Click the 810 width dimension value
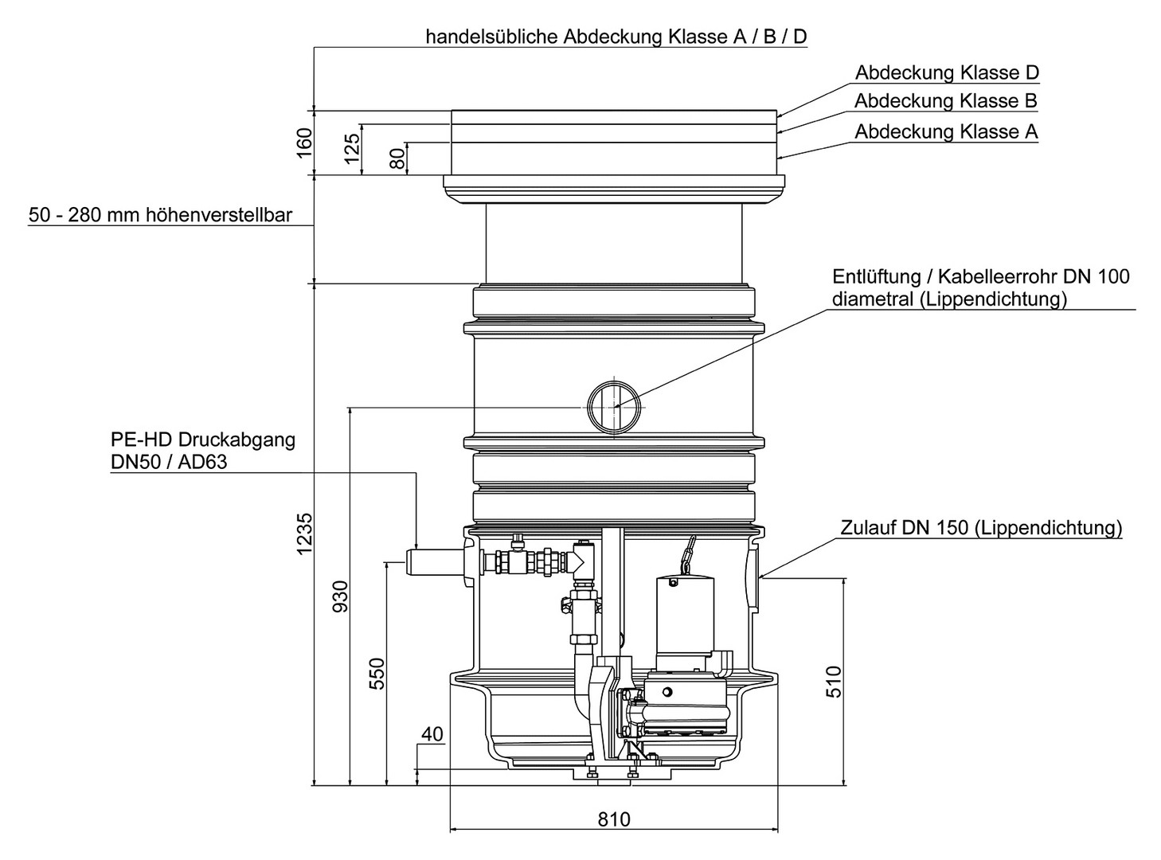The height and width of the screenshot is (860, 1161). [x=613, y=819]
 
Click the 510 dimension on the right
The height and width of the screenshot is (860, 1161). [x=833, y=682]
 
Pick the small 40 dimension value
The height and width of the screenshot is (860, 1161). [x=432, y=733]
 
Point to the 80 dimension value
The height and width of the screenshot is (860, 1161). [x=396, y=157]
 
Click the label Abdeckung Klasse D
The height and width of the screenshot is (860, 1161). [x=947, y=72]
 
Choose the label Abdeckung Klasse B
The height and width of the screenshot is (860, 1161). [x=945, y=101]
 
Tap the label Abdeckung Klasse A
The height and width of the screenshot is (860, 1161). [x=946, y=131]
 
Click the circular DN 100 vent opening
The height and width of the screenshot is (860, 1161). [x=615, y=405]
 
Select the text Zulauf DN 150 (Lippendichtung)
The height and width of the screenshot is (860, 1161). [x=981, y=528]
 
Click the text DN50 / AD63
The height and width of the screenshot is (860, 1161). [x=169, y=461]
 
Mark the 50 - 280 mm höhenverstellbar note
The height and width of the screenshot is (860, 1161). [x=160, y=215]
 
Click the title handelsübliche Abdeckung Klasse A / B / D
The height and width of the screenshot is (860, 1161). [x=616, y=37]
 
